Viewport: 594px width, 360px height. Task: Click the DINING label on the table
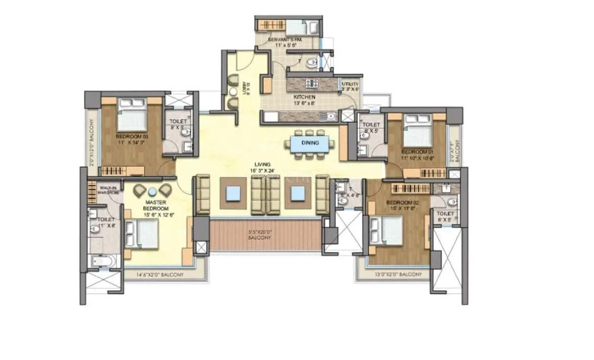point(310,143)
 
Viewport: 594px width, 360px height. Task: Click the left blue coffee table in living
point(233,193)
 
